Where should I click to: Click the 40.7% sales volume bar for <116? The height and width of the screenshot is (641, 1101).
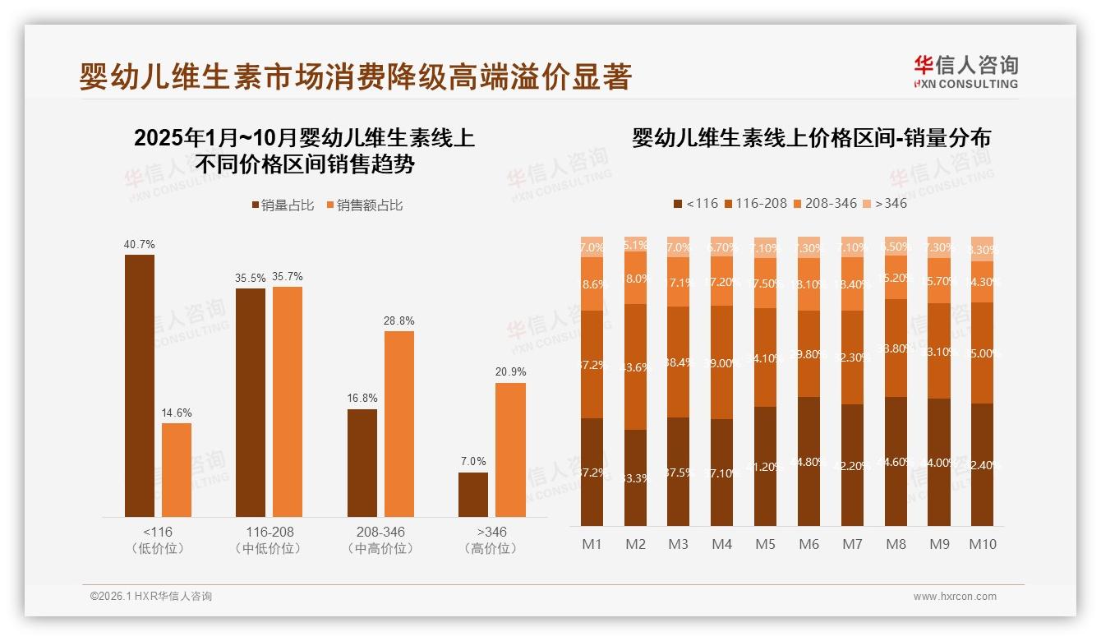(139, 385)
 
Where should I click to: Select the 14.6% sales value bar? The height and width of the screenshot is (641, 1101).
(176, 469)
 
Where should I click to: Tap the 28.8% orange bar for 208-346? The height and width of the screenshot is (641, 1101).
(398, 423)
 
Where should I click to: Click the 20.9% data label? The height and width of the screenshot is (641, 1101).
(510, 372)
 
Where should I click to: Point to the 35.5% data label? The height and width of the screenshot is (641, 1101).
(250, 278)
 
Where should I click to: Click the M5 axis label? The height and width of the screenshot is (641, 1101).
(765, 544)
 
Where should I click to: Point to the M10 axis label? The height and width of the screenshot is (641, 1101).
(982, 544)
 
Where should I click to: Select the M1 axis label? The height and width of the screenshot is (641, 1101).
(592, 544)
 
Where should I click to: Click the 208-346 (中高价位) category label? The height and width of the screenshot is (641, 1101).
(380, 540)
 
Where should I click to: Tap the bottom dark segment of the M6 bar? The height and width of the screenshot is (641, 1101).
(808, 461)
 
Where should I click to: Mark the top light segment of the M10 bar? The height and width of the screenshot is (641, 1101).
(982, 249)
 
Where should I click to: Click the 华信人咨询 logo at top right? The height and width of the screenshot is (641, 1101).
(965, 71)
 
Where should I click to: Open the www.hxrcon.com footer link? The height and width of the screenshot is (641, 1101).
(955, 597)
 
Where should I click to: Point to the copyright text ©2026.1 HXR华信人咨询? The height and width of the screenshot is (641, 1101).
(150, 597)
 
